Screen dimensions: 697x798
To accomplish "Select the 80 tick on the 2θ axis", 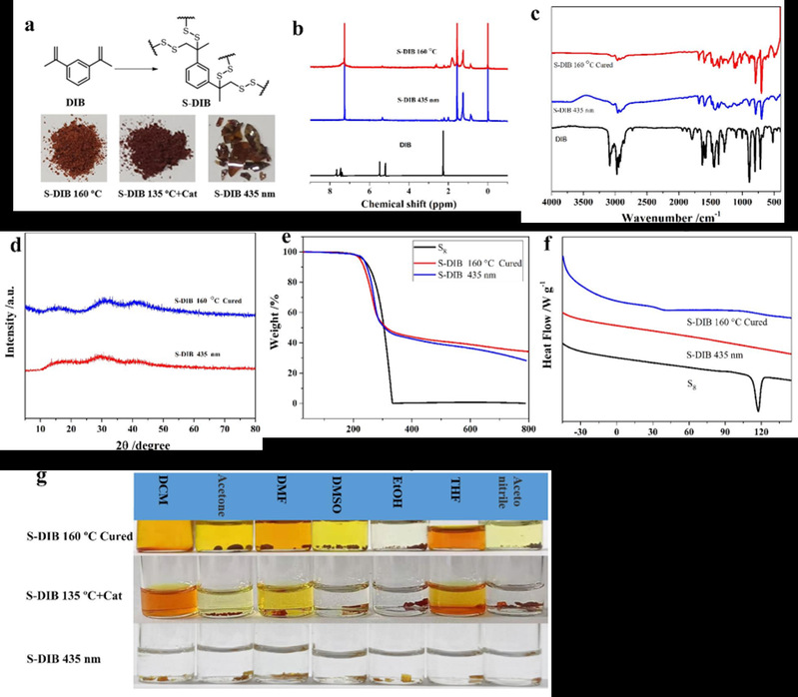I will [x=255, y=427].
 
